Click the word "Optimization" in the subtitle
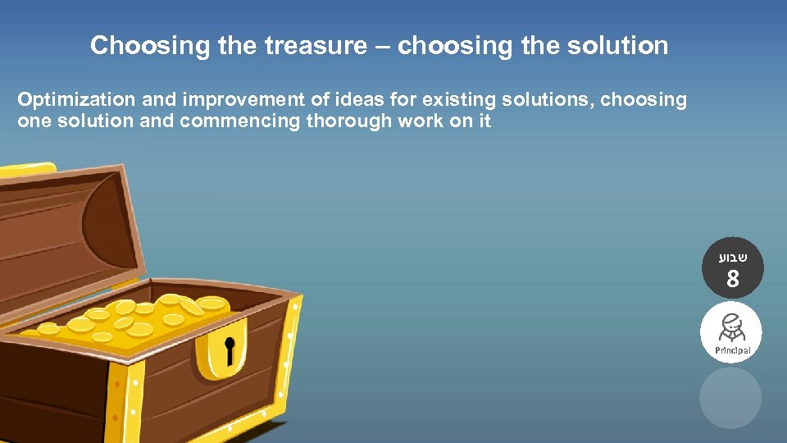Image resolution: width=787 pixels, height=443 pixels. [76, 101]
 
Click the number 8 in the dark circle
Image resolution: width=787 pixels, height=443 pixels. [731, 280]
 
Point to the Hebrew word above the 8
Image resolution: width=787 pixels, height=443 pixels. [731, 257]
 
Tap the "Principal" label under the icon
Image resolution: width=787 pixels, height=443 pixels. [731, 350]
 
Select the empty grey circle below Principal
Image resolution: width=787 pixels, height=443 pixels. [730, 397]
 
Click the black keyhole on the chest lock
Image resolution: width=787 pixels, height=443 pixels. [231, 350]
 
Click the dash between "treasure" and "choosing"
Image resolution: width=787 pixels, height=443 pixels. [383, 47]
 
